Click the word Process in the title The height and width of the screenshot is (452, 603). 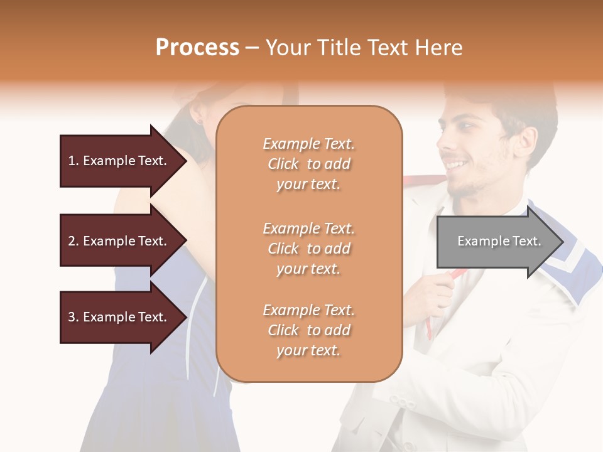point(197,48)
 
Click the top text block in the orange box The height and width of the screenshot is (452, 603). point(308,164)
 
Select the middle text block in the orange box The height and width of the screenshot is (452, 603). point(308,249)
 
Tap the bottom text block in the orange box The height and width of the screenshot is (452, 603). point(308,330)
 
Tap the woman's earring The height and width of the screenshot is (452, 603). point(200,120)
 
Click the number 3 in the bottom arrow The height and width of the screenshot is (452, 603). point(72,317)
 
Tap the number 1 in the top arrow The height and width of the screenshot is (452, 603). point(72,161)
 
